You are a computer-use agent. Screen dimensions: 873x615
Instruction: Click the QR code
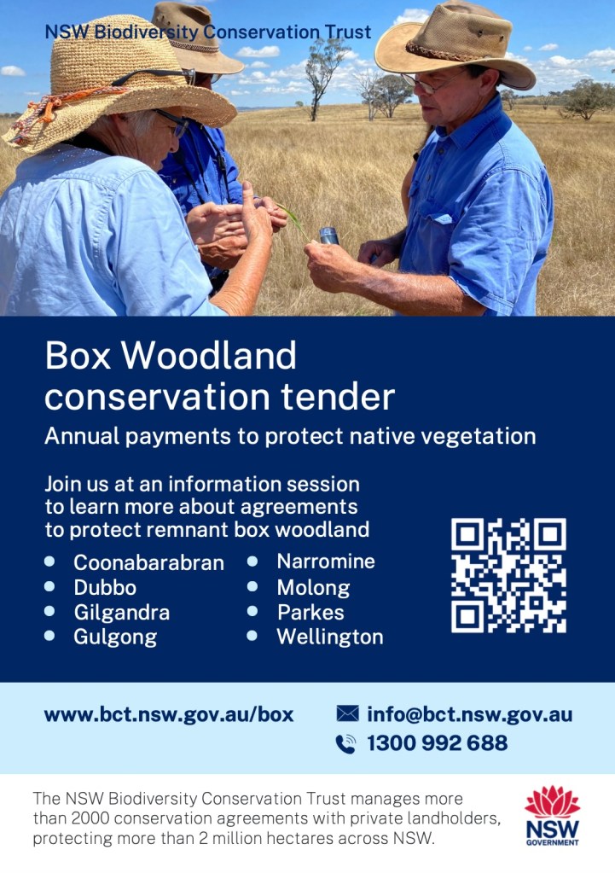click(x=508, y=575)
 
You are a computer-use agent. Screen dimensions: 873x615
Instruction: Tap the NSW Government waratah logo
click(x=552, y=816)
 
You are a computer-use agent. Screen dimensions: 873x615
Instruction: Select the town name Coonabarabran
click(x=148, y=563)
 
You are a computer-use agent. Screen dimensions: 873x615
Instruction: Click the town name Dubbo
click(x=105, y=588)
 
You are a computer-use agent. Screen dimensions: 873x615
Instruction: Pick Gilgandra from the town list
click(x=121, y=613)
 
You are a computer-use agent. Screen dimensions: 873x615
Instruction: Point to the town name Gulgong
click(x=115, y=637)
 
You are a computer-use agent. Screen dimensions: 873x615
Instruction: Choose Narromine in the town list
click(x=326, y=562)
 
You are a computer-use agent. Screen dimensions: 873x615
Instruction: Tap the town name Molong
click(x=313, y=588)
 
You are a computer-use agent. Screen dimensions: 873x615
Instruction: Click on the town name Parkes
click(x=310, y=613)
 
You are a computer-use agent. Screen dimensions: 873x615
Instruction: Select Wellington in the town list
click(x=330, y=637)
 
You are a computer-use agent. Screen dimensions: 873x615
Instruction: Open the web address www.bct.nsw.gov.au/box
click(x=169, y=714)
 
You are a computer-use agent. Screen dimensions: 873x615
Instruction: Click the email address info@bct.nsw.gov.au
click(x=469, y=714)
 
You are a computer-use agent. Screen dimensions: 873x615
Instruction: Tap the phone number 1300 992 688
click(x=437, y=743)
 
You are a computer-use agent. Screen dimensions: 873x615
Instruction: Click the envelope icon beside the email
click(x=347, y=713)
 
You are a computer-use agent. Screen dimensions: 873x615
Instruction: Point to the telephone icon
click(x=345, y=744)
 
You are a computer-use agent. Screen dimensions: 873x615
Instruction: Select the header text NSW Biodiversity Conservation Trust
click(x=208, y=32)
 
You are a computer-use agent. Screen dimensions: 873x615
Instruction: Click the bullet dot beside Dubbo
click(x=49, y=586)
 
